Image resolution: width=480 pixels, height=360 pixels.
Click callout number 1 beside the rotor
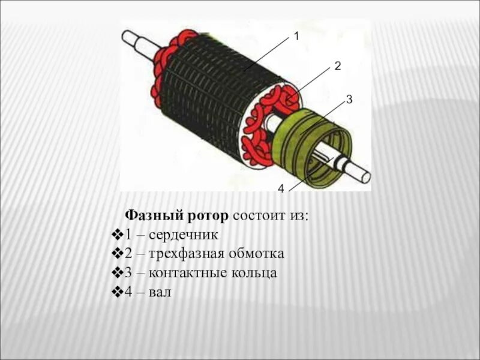[x=295, y=37]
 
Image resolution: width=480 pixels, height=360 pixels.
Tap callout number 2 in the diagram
[x=337, y=65]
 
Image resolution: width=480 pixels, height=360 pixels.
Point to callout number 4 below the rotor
[x=280, y=190]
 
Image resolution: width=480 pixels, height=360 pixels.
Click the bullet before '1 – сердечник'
[x=118, y=234]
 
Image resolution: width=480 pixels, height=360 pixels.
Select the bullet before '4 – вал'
[x=118, y=293]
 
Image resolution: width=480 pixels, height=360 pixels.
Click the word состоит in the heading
[x=259, y=215]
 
